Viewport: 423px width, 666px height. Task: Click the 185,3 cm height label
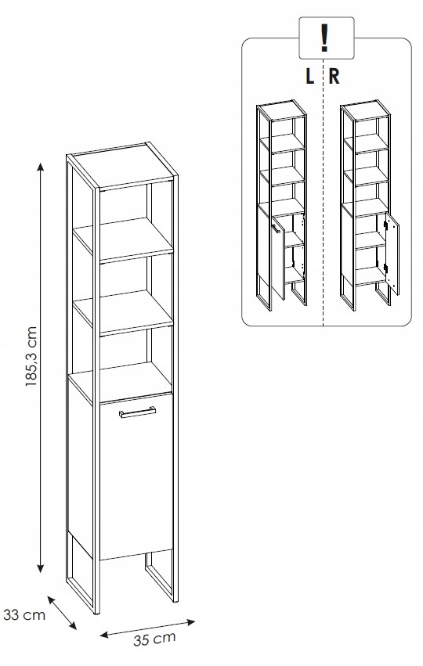click(x=32, y=356)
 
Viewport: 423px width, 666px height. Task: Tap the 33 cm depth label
click(x=24, y=614)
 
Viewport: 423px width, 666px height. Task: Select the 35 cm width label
click(x=154, y=639)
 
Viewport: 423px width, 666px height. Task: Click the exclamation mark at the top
click(x=325, y=38)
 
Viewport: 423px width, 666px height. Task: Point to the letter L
click(x=309, y=77)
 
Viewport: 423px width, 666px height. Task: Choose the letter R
click(x=334, y=77)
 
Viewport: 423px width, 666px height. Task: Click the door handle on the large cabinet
click(x=137, y=412)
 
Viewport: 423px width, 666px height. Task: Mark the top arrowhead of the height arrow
click(x=41, y=166)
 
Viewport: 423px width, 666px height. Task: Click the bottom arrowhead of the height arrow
click(x=41, y=568)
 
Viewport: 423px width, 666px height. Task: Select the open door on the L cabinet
click(x=277, y=257)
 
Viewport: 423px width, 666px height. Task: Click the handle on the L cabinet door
click(x=275, y=229)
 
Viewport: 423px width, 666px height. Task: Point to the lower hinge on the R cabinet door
click(x=385, y=268)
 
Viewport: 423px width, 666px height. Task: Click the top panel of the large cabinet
click(x=123, y=165)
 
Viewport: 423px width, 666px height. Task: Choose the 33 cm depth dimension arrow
click(x=62, y=613)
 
